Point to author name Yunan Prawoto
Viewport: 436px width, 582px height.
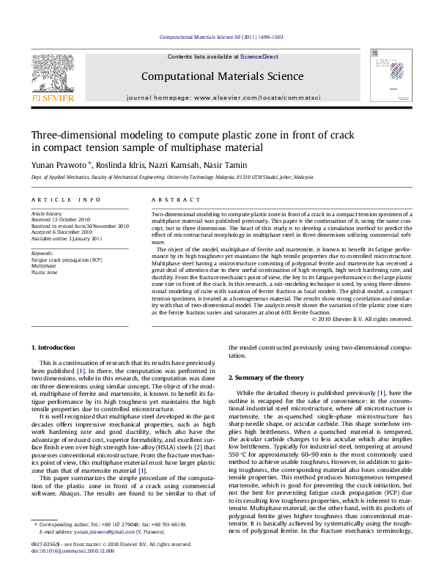point(59,166)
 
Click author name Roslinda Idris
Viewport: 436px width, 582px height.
point(117,166)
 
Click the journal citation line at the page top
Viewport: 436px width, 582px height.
point(218,36)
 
